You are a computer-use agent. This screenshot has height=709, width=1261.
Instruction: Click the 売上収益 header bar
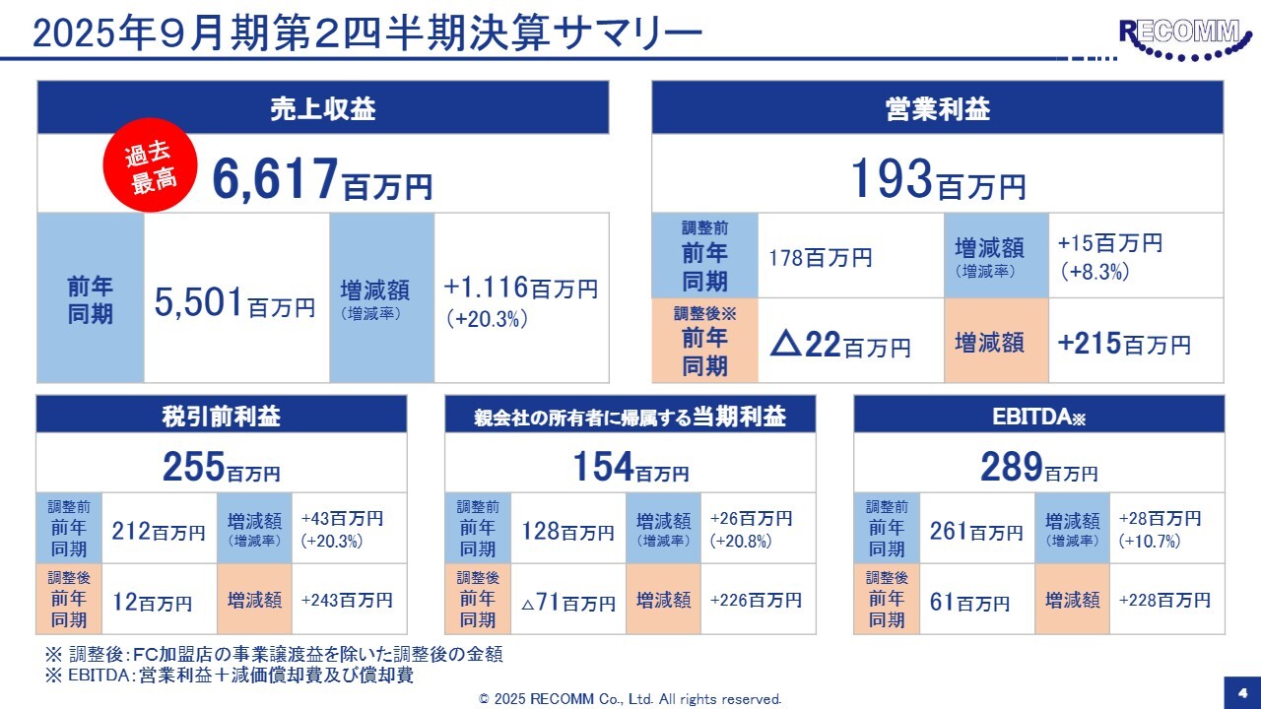coord(323,108)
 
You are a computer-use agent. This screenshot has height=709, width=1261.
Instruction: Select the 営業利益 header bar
coord(937,108)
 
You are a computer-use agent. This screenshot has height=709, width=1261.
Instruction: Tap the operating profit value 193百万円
coord(937,179)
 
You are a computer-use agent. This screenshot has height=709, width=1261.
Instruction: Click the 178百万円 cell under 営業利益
coord(821,258)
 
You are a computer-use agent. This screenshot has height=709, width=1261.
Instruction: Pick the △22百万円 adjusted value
coord(839,345)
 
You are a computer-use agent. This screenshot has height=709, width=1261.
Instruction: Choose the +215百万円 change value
coord(1124,344)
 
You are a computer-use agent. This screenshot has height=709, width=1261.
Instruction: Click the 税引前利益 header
coord(222,417)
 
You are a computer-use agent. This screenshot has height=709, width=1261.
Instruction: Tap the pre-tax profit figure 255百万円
coord(222,468)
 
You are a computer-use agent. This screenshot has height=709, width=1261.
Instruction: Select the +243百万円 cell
coord(347,600)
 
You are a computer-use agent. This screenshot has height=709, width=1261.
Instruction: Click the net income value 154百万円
coord(630,468)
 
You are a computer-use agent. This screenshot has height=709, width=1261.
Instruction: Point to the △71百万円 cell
coord(568,602)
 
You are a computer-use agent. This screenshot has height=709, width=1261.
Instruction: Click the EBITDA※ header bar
coord(1038,417)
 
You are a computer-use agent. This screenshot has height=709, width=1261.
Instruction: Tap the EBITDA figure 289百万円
coord(1038,468)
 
